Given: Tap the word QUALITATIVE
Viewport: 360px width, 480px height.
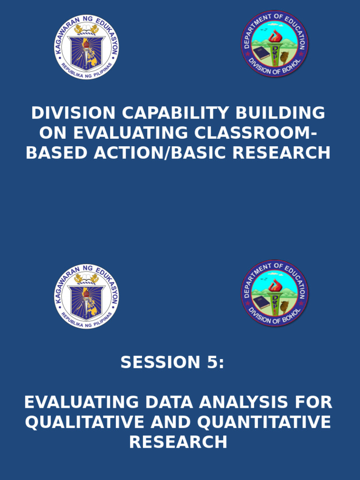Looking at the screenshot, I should click(x=84, y=422).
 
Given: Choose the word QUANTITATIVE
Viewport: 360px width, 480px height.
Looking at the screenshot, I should click(x=264, y=422).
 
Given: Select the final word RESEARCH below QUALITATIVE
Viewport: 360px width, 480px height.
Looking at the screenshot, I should click(x=178, y=442).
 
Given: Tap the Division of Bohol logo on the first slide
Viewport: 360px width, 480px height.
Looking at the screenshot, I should click(x=274, y=44).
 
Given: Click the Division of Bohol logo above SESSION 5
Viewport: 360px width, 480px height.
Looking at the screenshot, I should click(x=274, y=293).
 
